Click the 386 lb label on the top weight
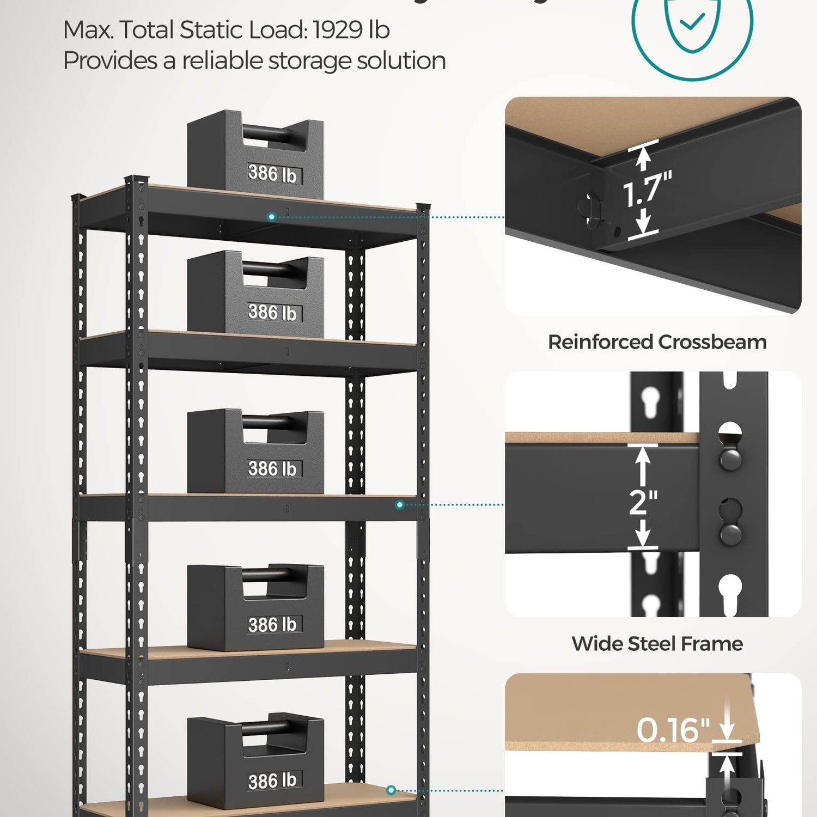tap(272, 174)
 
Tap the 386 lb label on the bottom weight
tap(272, 781)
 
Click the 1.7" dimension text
tap(647, 190)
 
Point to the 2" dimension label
tap(643, 502)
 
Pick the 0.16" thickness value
tap(673, 730)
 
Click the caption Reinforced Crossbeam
tap(657, 342)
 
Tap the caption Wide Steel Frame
tap(657, 644)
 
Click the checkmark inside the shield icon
tap(692, 22)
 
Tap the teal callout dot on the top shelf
tap(271, 217)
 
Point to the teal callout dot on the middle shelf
tap(400, 505)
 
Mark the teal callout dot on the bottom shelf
tap(391, 790)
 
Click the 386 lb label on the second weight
tap(272, 313)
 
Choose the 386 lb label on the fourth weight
tap(272, 625)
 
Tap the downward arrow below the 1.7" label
tap(644, 223)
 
